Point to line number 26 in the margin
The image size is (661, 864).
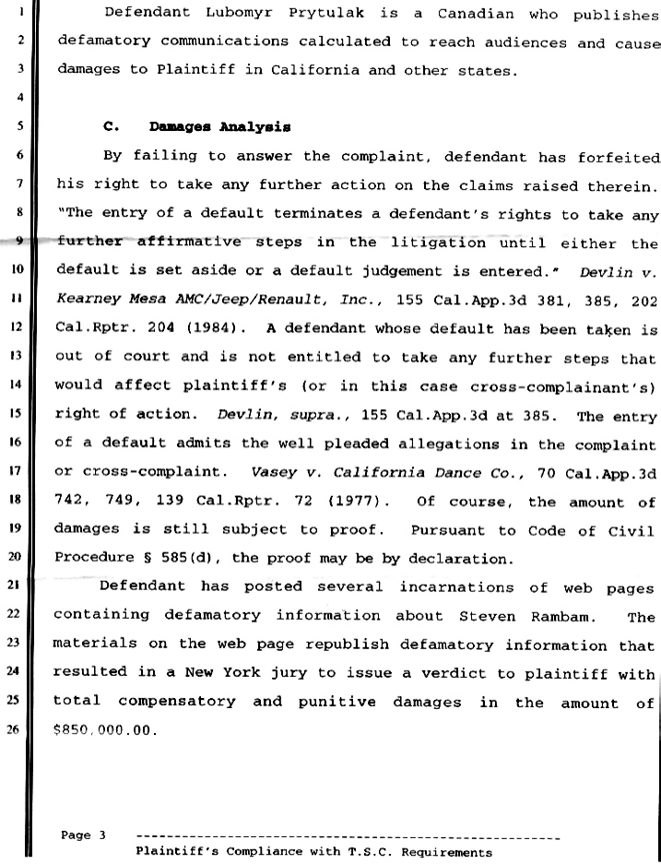(x=18, y=731)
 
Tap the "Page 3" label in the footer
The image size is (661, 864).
(x=83, y=835)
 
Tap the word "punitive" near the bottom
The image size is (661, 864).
(x=336, y=702)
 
